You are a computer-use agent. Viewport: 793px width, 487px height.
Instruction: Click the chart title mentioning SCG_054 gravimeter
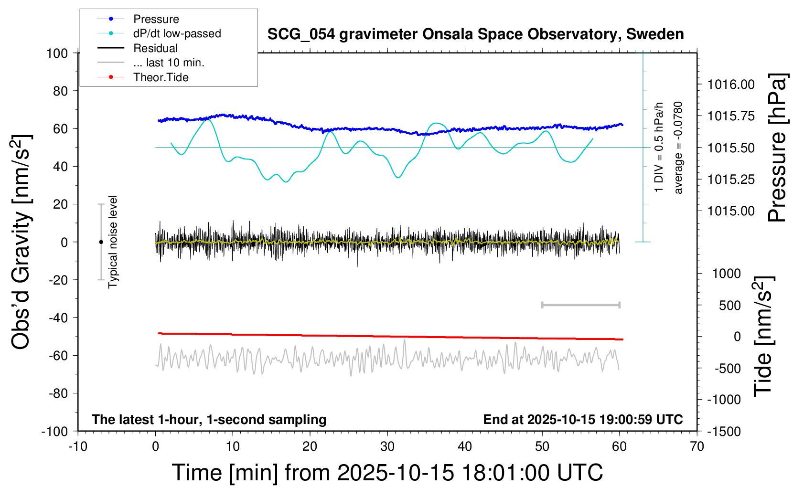point(475,34)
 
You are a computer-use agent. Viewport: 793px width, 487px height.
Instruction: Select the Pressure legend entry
point(156,19)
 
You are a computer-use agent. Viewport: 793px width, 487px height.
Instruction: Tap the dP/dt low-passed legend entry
point(177,33)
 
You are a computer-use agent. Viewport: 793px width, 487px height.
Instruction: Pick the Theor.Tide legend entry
point(161,77)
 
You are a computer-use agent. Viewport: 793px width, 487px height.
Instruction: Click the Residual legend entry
point(155,48)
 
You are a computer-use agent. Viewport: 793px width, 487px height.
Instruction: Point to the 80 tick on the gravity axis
point(60,91)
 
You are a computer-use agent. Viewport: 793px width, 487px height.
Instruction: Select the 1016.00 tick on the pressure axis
point(731,85)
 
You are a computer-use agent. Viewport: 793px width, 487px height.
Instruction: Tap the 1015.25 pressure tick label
point(731,180)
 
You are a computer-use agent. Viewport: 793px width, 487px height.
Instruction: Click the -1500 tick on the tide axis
point(724,432)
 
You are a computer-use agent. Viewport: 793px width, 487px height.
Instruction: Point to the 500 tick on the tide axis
point(730,306)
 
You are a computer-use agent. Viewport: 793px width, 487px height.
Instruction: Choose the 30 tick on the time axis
point(387,447)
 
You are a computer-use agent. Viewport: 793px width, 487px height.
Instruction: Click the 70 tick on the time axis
point(697,447)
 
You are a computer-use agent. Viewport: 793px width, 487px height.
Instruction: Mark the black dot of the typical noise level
point(101,242)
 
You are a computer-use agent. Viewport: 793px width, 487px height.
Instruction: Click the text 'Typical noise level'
point(113,242)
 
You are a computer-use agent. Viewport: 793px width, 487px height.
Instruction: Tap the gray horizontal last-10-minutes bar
point(580,305)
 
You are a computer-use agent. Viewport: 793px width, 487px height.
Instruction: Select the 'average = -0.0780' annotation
point(678,148)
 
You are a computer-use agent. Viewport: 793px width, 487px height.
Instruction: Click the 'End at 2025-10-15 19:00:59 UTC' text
point(583,420)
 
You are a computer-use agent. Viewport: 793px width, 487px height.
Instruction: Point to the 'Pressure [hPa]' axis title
point(777,148)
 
